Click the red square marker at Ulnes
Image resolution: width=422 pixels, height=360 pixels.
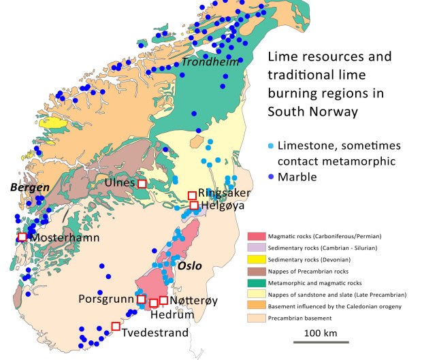[142, 184]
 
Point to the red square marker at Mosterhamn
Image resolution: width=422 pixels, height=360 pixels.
[22, 237]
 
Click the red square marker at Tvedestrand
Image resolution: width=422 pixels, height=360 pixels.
[116, 326]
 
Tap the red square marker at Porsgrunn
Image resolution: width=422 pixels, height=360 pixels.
[141, 299]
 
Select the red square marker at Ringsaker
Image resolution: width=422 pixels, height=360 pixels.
[192, 196]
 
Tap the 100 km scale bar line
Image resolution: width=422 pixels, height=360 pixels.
[321, 342]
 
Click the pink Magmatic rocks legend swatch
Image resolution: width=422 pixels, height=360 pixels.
[256, 236]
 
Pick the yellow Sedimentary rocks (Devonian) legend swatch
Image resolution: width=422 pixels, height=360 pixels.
[256, 259]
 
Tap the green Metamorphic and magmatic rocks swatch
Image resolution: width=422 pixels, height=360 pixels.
[256, 282]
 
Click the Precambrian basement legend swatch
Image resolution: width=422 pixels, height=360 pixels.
[256, 317]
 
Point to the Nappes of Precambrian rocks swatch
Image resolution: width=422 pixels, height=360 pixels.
[256, 271]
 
